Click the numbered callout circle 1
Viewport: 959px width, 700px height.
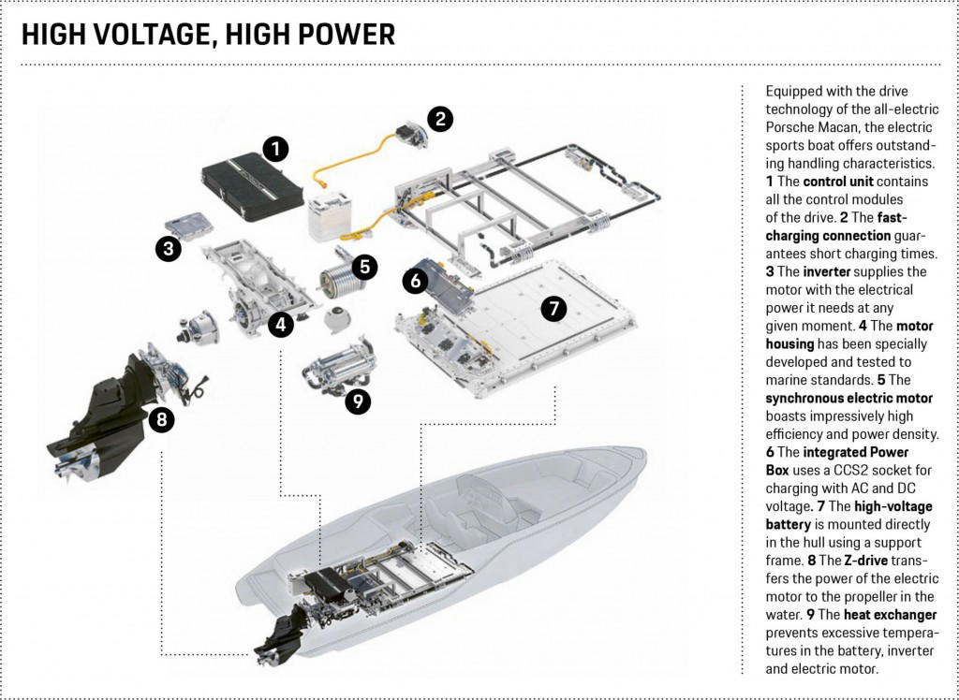(275, 148)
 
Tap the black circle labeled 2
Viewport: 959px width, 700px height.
(440, 119)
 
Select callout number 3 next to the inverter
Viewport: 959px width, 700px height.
(169, 248)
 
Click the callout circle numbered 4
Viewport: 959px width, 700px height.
(280, 325)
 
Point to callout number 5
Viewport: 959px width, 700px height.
(365, 267)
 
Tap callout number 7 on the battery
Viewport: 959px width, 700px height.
(553, 309)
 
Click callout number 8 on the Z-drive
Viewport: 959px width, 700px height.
(162, 420)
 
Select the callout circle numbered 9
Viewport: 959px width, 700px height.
(358, 401)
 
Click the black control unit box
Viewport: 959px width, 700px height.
(251, 187)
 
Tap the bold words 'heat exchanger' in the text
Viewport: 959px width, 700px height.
(890, 615)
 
